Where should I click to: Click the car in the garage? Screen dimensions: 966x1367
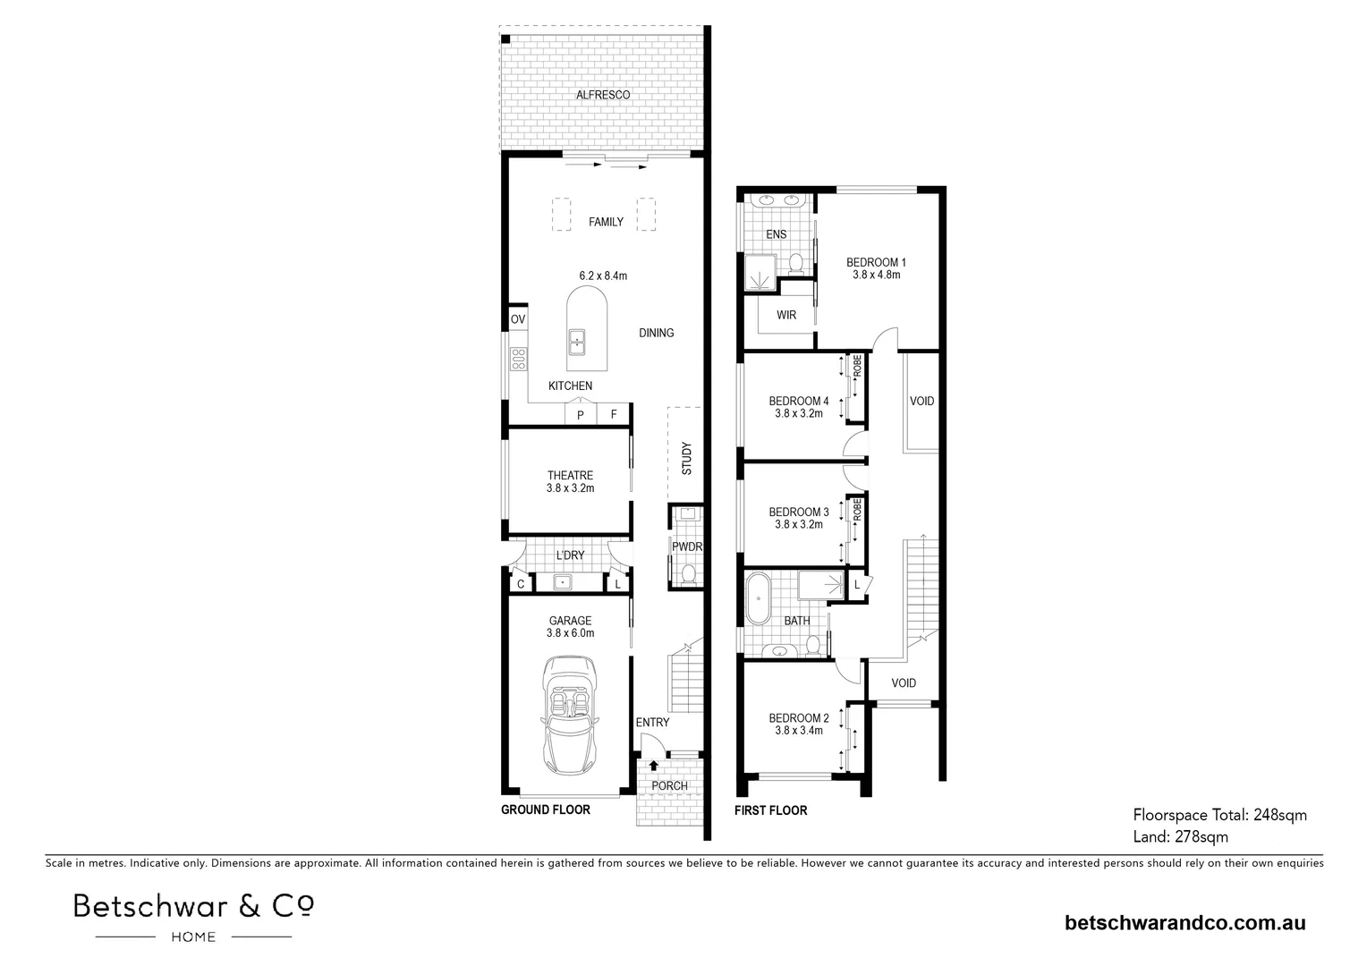tap(570, 716)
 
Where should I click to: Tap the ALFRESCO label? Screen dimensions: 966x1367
tap(602, 95)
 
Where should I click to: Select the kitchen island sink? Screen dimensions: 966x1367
tap(577, 341)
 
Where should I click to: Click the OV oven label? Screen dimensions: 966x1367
tap(517, 319)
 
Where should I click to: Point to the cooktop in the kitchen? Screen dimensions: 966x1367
tap(517, 359)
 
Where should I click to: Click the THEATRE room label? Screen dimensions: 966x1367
tap(570, 476)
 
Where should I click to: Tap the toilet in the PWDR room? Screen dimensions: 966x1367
tap(688, 573)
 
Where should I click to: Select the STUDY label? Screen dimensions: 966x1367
tap(686, 459)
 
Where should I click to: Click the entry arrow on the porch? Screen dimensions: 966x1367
tap(653, 765)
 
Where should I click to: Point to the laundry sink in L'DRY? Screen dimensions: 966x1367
tap(562, 583)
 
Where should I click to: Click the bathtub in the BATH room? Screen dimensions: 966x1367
tap(758, 598)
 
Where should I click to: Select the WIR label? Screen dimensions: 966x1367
tap(785, 315)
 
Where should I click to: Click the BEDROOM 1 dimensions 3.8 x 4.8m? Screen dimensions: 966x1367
tap(876, 275)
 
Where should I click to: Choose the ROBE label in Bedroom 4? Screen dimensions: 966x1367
tap(856, 365)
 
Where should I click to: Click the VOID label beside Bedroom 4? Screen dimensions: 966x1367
tap(921, 401)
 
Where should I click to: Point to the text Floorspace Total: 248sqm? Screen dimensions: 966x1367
tap(1219, 815)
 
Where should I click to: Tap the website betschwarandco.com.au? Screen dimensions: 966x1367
tap(1184, 923)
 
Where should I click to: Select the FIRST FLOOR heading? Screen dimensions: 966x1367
tap(770, 810)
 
